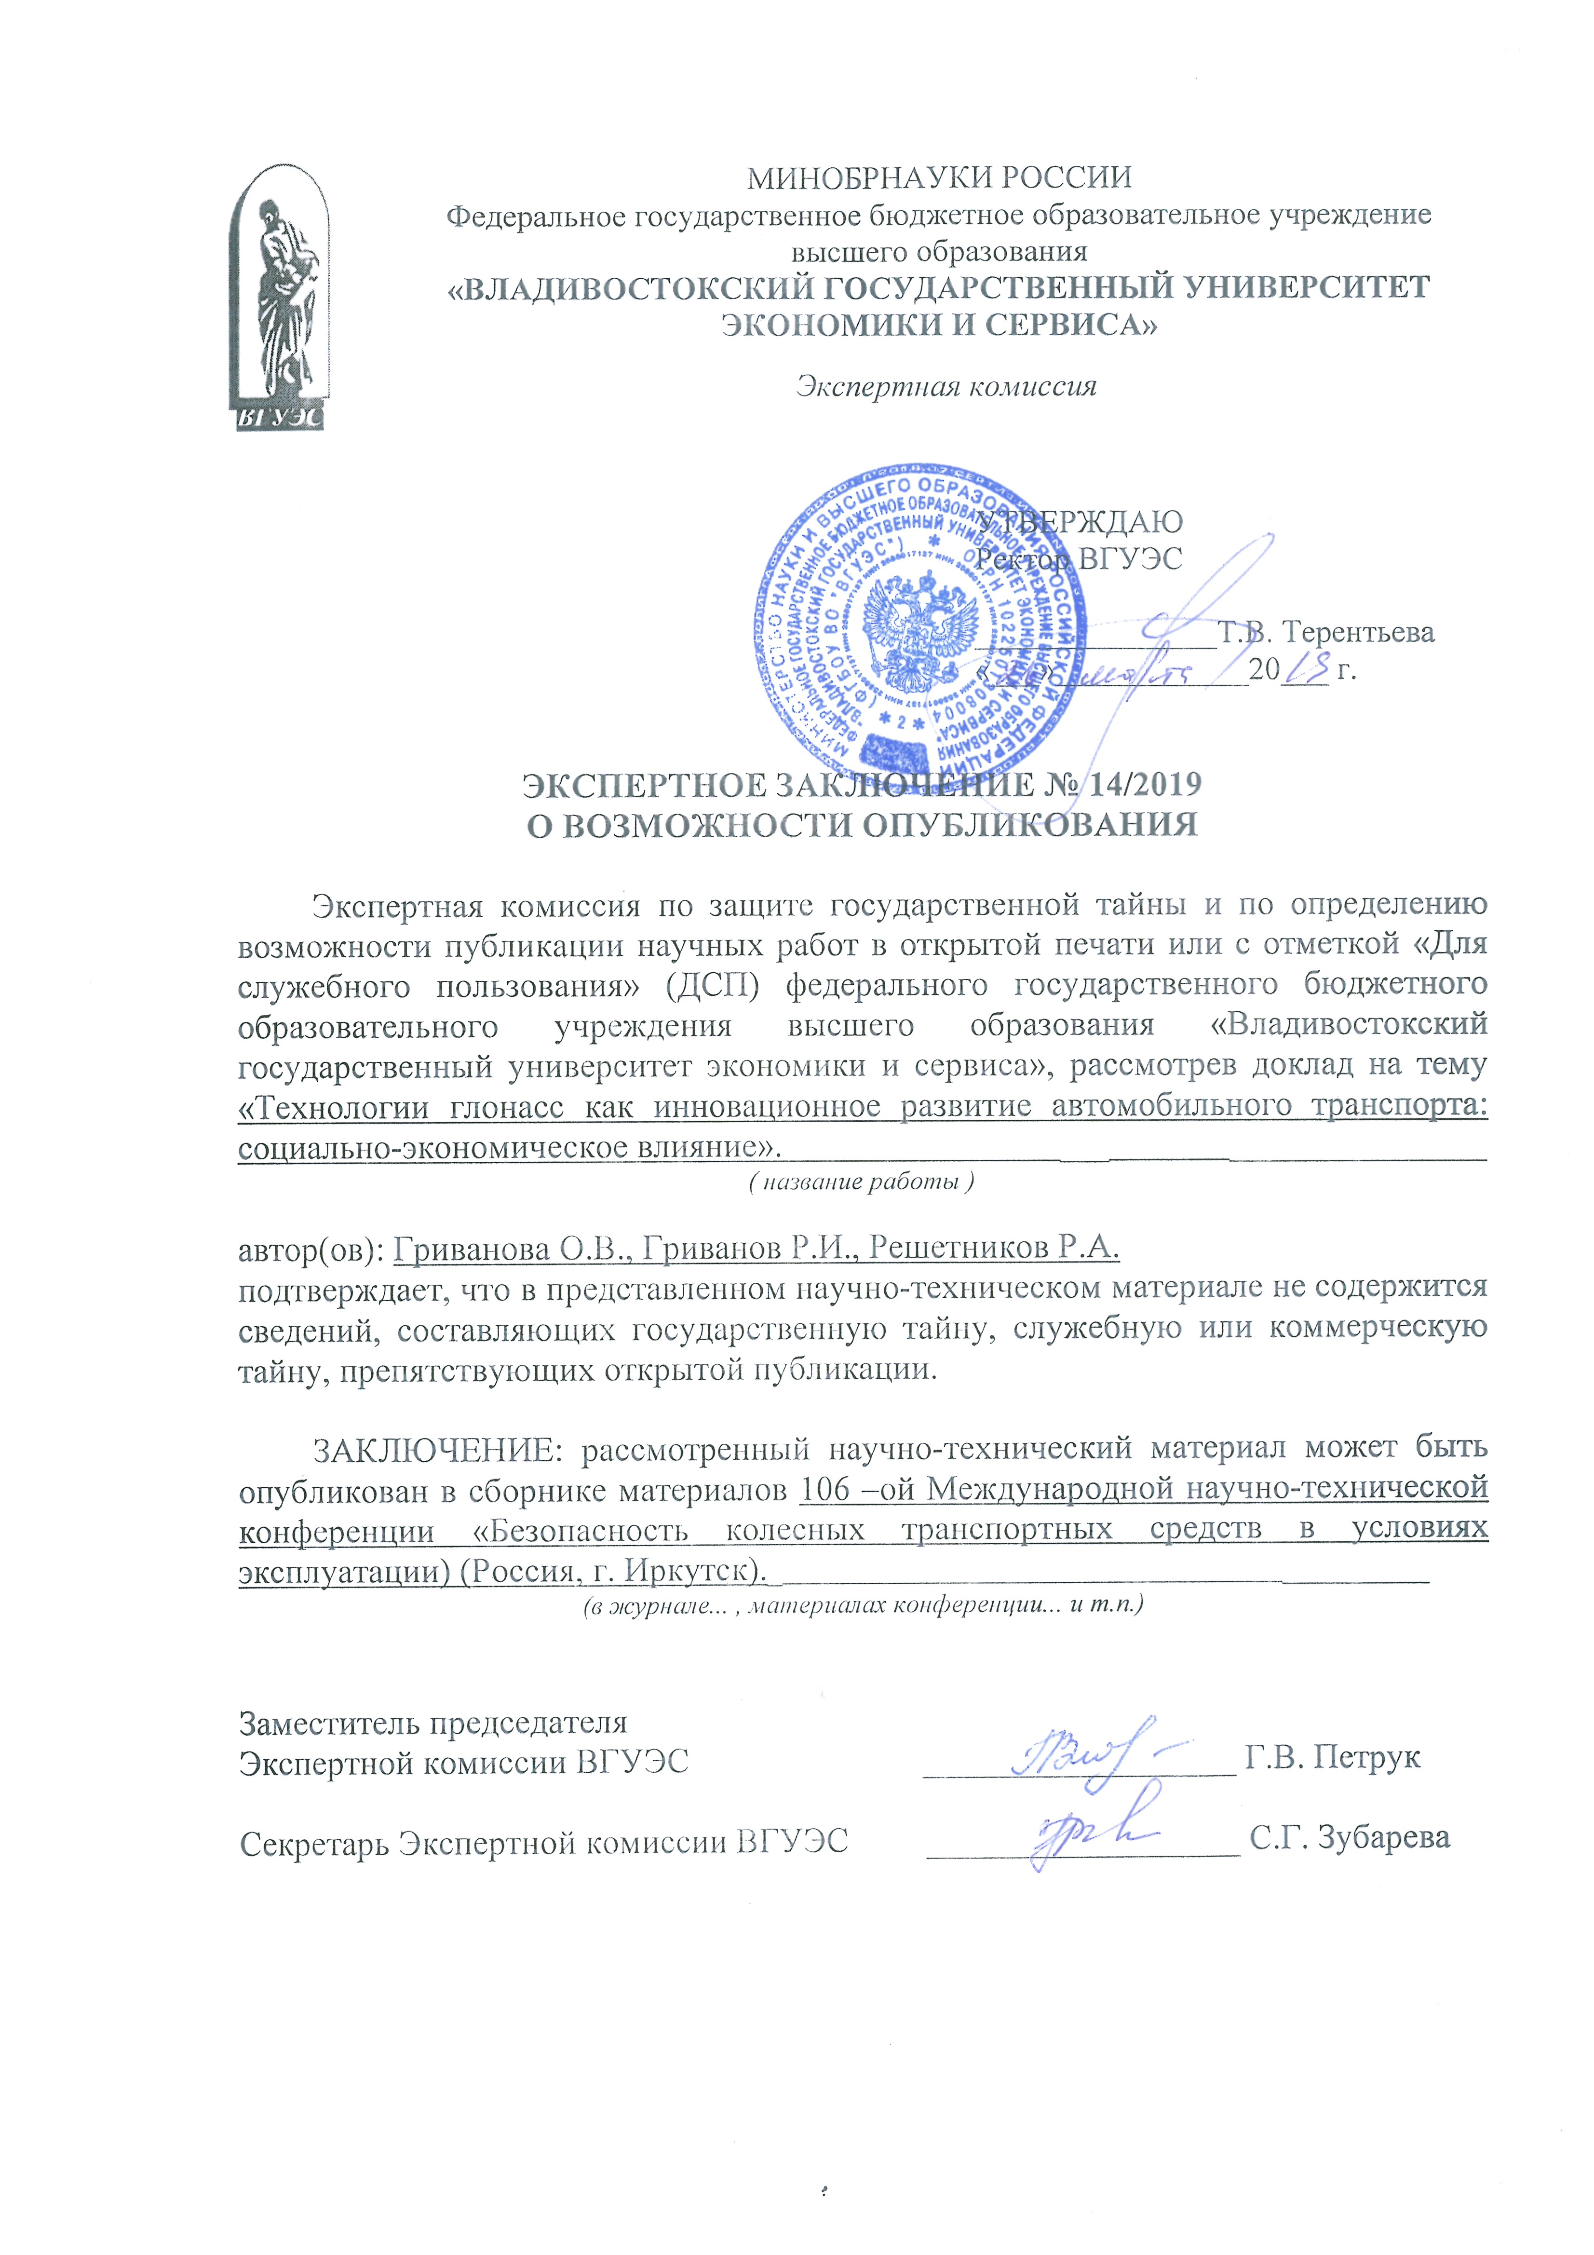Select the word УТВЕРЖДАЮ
click(x=1081, y=521)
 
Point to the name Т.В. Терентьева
click(x=1326, y=632)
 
